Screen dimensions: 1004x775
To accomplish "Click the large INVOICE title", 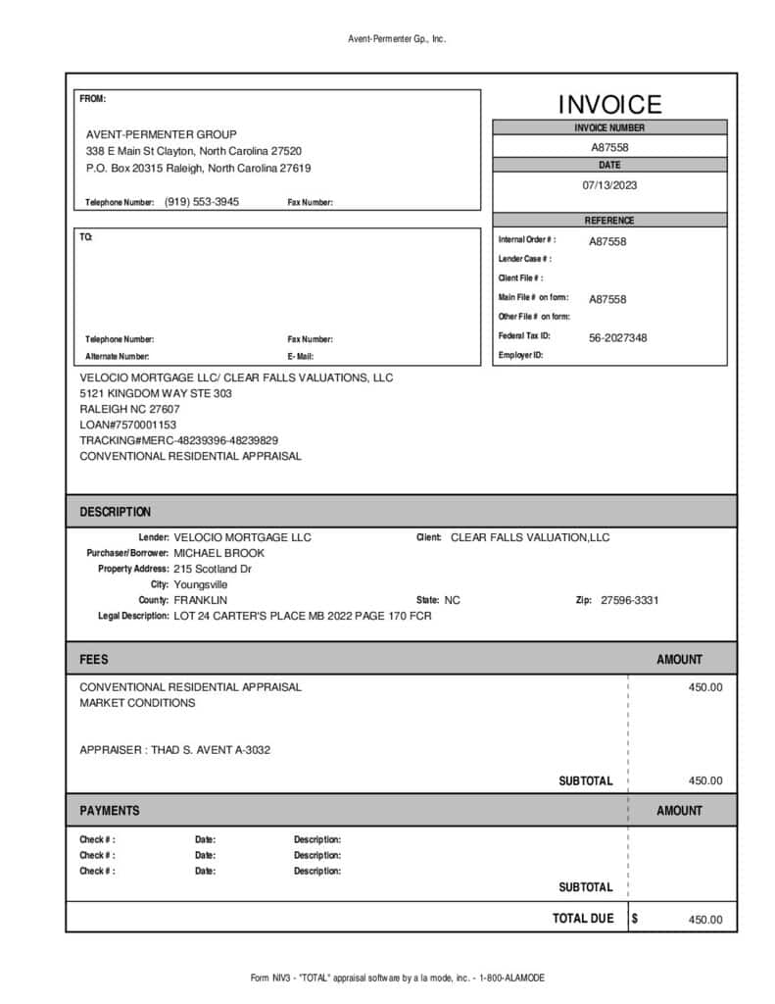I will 609,105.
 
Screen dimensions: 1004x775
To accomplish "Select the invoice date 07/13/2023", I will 609,184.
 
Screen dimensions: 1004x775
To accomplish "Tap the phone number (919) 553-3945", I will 202,202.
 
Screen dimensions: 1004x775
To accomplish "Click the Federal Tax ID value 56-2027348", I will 617,337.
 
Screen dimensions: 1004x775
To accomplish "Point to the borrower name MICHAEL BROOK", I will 219,553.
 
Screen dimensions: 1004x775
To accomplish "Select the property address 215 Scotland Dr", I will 213,569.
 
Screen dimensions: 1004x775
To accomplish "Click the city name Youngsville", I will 201,584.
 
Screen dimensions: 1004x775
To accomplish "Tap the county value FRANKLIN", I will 201,600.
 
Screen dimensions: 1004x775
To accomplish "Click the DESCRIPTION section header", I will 116,512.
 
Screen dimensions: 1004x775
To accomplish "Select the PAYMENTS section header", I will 110,811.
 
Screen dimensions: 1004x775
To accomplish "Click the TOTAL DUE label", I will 583,919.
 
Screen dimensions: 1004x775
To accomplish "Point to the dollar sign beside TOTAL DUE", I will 635,919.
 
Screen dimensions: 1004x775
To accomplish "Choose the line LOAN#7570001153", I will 128,425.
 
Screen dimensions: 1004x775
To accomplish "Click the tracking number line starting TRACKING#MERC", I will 178,440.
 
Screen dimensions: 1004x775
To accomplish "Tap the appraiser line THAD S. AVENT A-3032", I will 174,750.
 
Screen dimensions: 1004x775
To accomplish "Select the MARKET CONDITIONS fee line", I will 137,703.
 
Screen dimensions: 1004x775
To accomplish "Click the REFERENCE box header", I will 609,221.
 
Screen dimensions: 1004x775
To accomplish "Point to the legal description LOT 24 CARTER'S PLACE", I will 302,616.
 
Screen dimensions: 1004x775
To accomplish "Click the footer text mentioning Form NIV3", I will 397,978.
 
